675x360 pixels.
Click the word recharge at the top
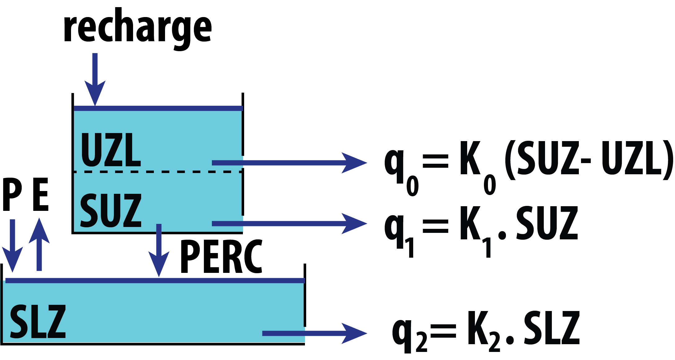click(x=137, y=29)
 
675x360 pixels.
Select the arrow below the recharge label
click(x=95, y=81)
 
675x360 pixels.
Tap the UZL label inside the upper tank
click(x=111, y=150)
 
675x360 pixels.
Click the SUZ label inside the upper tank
click(x=111, y=210)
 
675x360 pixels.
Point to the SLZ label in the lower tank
click(x=38, y=321)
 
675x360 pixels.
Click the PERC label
click(x=221, y=256)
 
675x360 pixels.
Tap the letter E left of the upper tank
click(x=41, y=194)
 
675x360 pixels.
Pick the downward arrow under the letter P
click(x=12, y=245)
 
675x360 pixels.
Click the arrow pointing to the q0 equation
click(x=288, y=163)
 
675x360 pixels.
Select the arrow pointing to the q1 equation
click(x=288, y=224)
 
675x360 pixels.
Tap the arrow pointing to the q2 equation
click(x=313, y=333)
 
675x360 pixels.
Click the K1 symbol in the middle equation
click(x=475, y=229)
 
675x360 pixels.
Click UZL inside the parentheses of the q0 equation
click(x=631, y=158)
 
